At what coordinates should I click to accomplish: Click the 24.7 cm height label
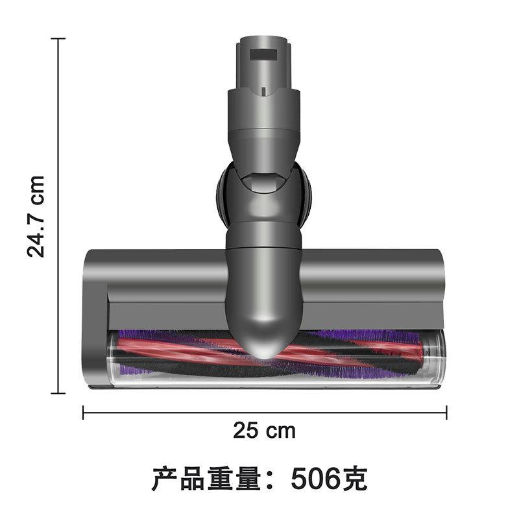(36, 216)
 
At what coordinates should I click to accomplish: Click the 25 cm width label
(264, 430)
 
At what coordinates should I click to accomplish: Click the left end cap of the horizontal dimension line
(84, 412)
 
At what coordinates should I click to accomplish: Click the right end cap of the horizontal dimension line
(446, 412)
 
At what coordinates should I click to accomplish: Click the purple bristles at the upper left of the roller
(139, 335)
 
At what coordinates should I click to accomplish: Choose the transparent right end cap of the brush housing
(437, 357)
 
